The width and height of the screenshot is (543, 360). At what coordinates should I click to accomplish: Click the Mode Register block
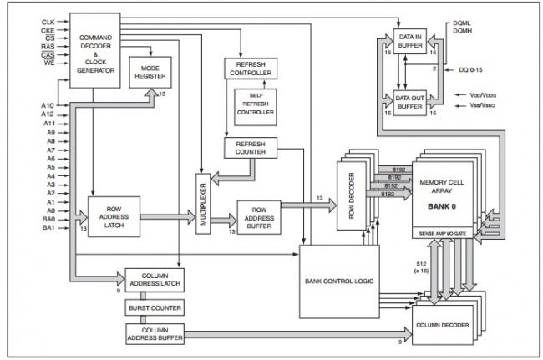click(150, 73)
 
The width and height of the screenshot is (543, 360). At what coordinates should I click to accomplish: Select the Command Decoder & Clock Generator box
click(95, 51)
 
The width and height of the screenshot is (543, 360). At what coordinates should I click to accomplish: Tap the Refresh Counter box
click(251, 148)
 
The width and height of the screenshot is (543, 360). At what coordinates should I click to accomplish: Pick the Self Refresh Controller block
click(256, 107)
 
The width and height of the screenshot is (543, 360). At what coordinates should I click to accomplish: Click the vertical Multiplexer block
click(203, 204)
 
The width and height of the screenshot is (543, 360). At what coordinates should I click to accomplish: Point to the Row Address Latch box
click(114, 216)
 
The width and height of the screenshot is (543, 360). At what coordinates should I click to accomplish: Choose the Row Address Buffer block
click(259, 218)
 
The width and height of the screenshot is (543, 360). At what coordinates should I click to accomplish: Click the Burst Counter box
click(155, 307)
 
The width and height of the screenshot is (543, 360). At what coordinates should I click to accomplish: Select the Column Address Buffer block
click(155, 334)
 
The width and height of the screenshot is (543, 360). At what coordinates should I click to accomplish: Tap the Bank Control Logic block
click(339, 281)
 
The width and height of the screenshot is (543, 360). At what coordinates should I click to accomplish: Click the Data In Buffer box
click(410, 41)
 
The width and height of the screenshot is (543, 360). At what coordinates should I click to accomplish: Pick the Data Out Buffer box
click(410, 103)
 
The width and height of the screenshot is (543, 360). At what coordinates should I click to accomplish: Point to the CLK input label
click(48, 23)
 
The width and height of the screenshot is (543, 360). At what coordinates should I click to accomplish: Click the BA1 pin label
click(48, 228)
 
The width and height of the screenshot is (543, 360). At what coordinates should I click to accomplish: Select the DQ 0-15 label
click(470, 70)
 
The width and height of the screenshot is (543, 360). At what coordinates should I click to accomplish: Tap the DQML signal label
click(462, 23)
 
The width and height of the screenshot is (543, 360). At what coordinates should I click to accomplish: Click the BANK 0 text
click(442, 206)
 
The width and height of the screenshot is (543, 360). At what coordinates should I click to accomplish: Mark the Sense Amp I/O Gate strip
click(443, 234)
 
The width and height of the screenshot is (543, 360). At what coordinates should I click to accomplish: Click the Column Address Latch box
click(155, 280)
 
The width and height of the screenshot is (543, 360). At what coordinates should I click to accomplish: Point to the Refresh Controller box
click(251, 68)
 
